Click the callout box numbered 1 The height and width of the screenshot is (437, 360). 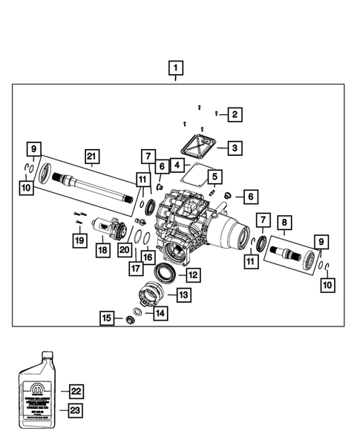175,70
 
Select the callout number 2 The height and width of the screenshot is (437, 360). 234,114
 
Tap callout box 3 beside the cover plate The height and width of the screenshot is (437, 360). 234,148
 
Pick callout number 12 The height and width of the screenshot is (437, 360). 192,275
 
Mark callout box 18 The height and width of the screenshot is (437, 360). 102,251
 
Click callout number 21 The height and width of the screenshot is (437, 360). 91,157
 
